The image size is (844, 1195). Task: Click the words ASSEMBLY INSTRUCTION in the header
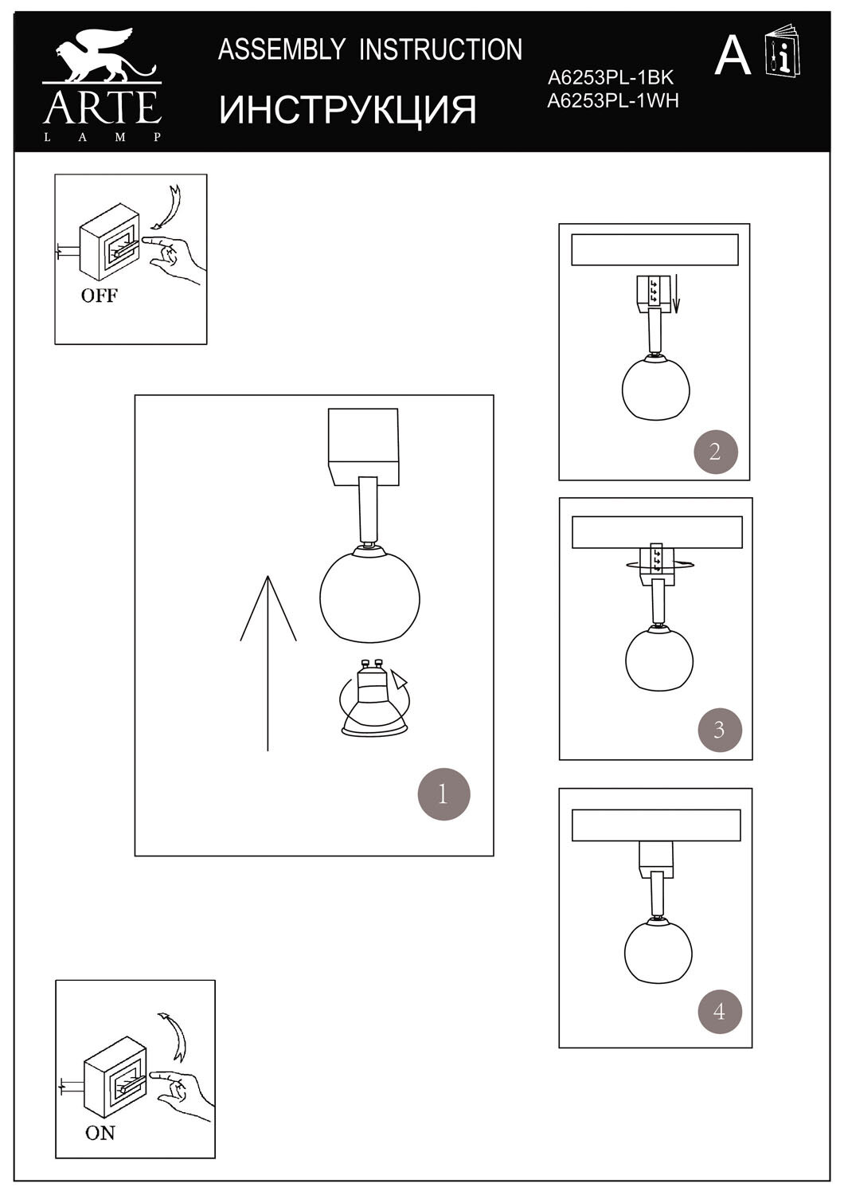tap(370, 50)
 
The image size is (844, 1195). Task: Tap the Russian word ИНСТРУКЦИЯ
tap(348, 109)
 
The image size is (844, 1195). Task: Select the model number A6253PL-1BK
tap(611, 78)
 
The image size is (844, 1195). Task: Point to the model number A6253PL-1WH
tap(613, 100)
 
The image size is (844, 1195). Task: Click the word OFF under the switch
tap(99, 296)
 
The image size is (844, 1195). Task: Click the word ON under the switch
tap(100, 1132)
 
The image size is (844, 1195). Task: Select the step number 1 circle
tap(443, 793)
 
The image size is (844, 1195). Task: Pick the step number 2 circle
tap(713, 452)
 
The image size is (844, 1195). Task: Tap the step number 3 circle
tap(719, 729)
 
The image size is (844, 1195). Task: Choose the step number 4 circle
tap(720, 1012)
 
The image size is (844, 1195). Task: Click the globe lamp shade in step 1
tap(369, 594)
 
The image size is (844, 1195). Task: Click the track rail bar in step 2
tap(654, 250)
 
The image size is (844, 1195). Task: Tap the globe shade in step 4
tap(658, 953)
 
